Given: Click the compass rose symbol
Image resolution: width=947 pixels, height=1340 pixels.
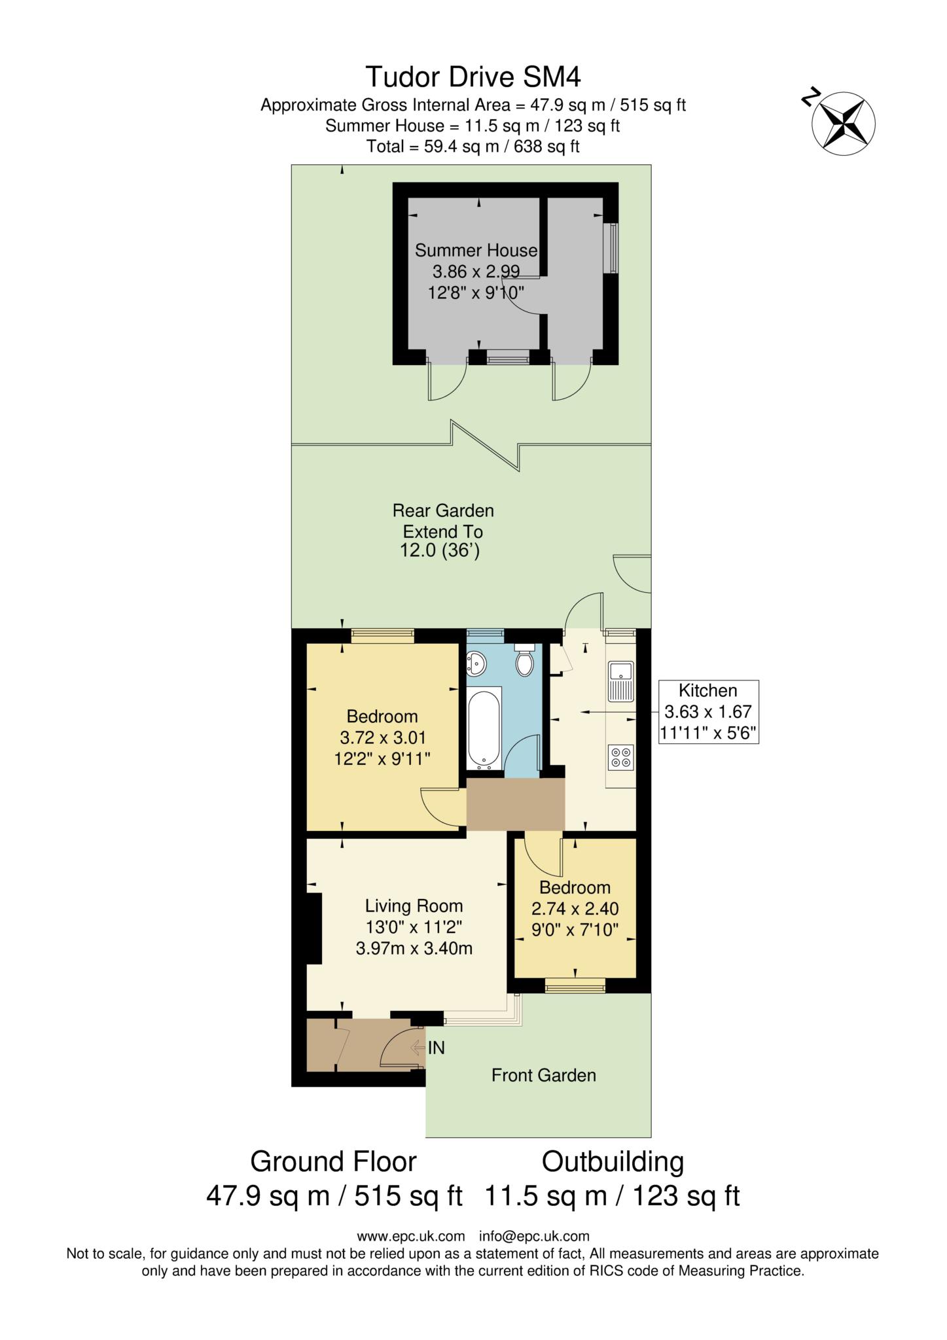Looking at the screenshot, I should (843, 123).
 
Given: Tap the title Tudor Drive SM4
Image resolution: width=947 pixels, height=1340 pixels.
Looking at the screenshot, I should (473, 77).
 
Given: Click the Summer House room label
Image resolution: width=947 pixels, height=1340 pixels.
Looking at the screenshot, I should (476, 251).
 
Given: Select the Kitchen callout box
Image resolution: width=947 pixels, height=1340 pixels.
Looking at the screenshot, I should (708, 712).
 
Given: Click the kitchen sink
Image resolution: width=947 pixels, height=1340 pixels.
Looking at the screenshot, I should (620, 681).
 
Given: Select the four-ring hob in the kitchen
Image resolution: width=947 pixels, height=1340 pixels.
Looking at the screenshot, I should (620, 757).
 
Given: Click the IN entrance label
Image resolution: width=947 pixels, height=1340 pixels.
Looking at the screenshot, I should (436, 1048).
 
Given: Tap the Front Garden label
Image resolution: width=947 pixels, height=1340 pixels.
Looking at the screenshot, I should (543, 1075).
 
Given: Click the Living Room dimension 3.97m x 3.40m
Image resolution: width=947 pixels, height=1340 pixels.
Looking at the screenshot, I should (414, 948).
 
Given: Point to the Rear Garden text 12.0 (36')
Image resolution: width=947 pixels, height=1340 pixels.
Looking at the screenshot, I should (440, 551).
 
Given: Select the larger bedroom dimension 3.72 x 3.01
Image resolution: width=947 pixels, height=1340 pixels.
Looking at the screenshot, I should (383, 738).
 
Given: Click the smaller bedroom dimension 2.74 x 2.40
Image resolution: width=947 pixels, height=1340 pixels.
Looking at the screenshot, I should (575, 908).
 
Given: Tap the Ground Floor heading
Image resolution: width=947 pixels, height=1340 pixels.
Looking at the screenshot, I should (333, 1162).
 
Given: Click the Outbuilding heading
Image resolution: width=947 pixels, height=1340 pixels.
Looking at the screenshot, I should (613, 1162).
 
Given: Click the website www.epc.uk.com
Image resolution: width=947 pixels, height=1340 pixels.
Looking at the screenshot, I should (410, 1237).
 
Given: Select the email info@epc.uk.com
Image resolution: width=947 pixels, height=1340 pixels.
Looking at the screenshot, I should (534, 1237).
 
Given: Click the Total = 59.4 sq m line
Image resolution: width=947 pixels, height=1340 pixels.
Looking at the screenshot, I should (473, 147).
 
